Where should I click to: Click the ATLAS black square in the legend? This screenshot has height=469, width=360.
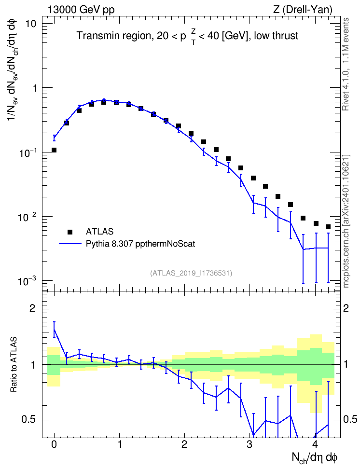[70, 232]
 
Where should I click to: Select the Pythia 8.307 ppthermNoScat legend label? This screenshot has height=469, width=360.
[140, 244]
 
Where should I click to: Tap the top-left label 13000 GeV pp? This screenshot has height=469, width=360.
[81, 10]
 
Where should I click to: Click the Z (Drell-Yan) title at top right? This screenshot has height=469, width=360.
[303, 10]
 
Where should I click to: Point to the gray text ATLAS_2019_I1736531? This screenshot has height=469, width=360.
[191, 273]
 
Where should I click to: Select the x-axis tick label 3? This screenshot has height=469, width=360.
[249, 444]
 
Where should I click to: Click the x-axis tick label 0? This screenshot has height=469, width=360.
[54, 444]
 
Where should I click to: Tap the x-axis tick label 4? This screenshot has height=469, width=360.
[315, 444]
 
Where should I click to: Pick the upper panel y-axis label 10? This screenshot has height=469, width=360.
[30, 24]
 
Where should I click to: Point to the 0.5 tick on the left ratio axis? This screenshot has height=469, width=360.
[28, 420]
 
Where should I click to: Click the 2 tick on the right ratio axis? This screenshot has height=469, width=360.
[346, 308]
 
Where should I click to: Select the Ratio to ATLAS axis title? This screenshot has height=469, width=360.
[14, 365]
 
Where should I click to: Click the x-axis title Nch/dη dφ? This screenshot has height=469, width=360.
[315, 458]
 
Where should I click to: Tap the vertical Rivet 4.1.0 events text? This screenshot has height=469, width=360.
[346, 64]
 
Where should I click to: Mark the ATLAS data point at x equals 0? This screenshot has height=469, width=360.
[54, 150]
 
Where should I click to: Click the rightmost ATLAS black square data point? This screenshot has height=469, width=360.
[328, 227]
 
